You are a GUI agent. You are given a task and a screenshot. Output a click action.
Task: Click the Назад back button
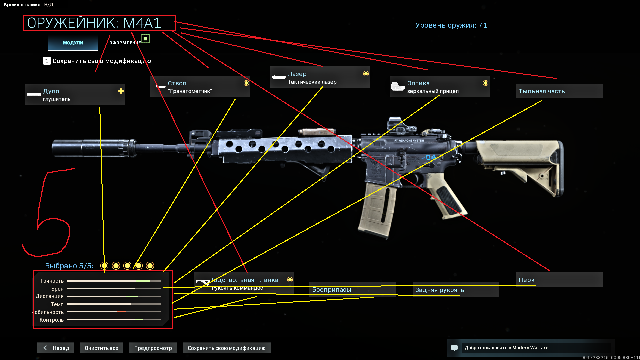(56, 348)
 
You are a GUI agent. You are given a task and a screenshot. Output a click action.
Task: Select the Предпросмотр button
(153, 348)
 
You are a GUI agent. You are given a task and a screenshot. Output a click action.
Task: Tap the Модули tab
(73, 43)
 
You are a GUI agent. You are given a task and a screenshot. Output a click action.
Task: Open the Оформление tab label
(125, 43)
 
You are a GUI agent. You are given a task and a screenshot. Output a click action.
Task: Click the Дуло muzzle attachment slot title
(51, 91)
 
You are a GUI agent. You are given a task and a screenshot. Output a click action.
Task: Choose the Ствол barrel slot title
(177, 83)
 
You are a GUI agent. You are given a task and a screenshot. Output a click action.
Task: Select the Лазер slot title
(297, 74)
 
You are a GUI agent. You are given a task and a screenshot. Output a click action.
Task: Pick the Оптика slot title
(418, 83)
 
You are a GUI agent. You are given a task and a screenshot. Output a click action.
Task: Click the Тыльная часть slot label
(542, 91)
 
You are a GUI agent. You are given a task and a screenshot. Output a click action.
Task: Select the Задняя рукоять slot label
(439, 290)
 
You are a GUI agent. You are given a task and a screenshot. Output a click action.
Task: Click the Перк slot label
(527, 280)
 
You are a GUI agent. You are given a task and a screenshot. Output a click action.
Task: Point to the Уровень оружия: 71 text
(451, 25)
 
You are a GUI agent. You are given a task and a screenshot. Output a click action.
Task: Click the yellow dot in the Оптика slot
(486, 83)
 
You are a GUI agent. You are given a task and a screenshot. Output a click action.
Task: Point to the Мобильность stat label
(48, 312)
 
